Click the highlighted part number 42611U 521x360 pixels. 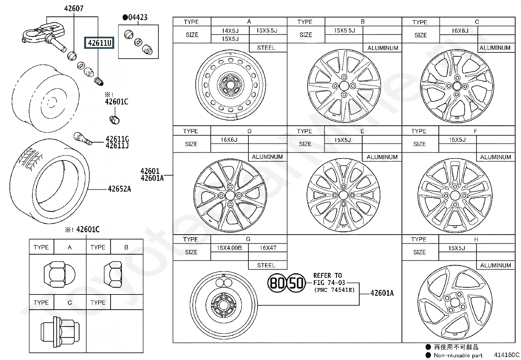pyautogui.click(x=99, y=43)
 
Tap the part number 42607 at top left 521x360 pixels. pyautogui.click(x=74, y=9)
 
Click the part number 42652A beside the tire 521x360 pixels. pyautogui.click(x=119, y=189)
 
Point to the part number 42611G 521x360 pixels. pyautogui.click(x=117, y=139)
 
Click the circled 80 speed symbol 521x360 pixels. pyautogui.click(x=277, y=283)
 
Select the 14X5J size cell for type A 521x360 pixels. pyautogui.click(x=230, y=30)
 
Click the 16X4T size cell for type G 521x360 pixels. pyautogui.click(x=268, y=248)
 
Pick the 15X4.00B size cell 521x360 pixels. pyautogui.click(x=229, y=248)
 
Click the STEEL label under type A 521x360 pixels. pyautogui.click(x=266, y=48)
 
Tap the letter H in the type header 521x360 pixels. pyautogui.click(x=476, y=239)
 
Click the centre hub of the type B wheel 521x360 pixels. pyautogui.click(x=344, y=86)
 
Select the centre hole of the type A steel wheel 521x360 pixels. pyautogui.click(x=230, y=85)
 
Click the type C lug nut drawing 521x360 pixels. pyautogui.click(x=60, y=332)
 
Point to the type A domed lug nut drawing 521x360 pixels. pyautogui.click(x=60, y=274)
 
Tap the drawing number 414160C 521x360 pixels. pyautogui.click(x=507, y=355)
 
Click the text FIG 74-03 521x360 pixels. pyautogui.click(x=329, y=283)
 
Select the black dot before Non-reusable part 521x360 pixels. pyautogui.click(x=428, y=355)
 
